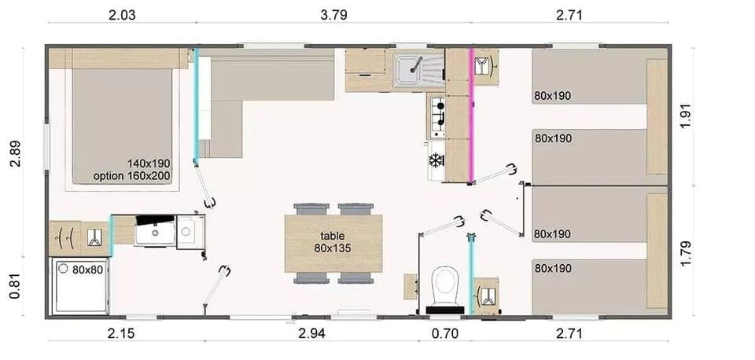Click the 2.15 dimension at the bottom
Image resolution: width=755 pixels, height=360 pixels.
coord(121,334)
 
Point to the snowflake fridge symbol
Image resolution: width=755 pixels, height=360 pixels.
coord(435,160)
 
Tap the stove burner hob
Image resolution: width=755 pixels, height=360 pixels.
coord(437,116)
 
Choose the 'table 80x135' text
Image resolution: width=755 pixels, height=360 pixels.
coord(333,241)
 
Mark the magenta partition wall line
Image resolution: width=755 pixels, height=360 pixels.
coord(472,115)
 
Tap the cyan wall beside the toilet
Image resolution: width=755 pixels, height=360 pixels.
coord(471,275)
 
